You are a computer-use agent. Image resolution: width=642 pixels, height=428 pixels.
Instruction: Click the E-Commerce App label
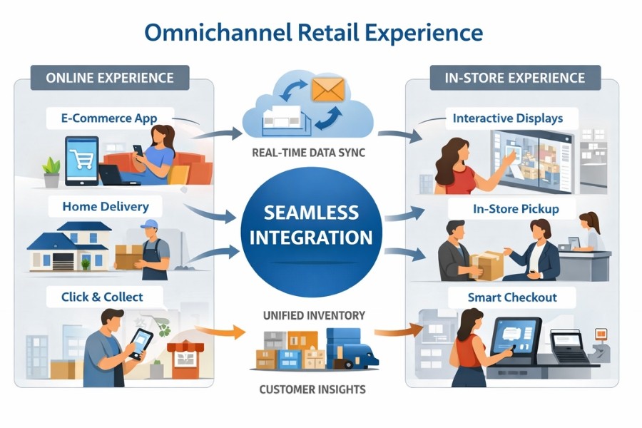(109, 118)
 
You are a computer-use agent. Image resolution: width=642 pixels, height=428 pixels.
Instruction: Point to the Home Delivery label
(106, 207)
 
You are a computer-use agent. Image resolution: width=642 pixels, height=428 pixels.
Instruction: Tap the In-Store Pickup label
(515, 209)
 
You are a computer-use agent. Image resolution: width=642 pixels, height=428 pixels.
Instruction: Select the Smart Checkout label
(512, 297)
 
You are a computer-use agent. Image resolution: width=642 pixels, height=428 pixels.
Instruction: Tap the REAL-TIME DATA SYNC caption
(309, 152)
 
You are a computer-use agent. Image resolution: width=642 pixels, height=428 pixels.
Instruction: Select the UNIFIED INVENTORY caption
(315, 315)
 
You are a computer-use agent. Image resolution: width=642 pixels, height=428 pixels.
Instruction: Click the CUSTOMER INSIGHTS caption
(312, 389)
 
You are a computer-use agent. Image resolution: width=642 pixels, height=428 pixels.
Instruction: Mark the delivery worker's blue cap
(149, 225)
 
